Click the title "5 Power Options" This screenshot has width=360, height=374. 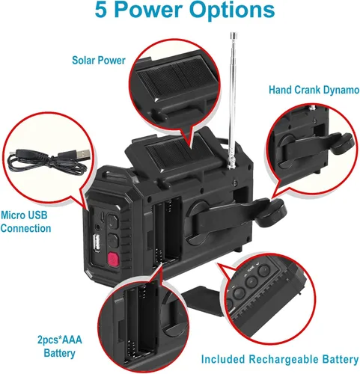pos(185,10)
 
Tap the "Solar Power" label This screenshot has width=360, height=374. pos(99,61)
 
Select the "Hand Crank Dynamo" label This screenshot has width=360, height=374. pos(314,90)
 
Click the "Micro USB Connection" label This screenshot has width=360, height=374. pos(25,221)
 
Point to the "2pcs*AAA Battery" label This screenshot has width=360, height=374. pos(60,346)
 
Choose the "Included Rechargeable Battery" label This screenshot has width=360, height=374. pos(280,360)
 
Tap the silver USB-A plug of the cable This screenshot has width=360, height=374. pos(82,155)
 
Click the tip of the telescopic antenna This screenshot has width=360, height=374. pos(234,34)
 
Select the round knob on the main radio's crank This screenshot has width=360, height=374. pos(272,212)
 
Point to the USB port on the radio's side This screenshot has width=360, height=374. pos(97,242)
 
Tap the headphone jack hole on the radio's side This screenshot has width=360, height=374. pos(98,227)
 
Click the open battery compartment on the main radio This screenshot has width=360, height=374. pos(167,231)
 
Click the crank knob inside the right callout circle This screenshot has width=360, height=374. pos(342,144)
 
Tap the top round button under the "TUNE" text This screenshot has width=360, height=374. pos(263,271)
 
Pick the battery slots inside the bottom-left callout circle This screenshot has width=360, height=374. pos(140,324)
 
